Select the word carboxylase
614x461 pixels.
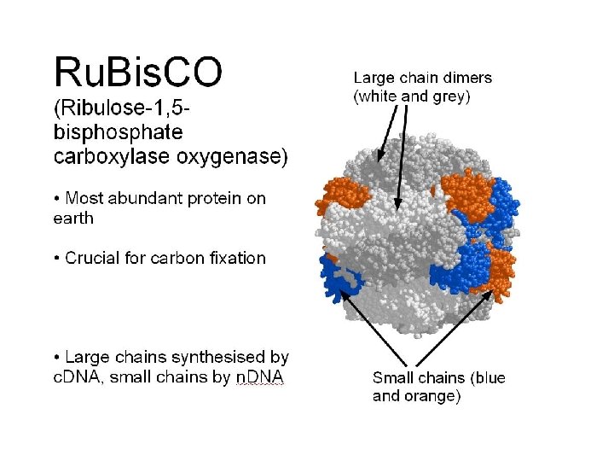pos(111,156)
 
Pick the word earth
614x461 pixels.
pos(73,218)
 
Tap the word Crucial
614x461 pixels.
pos(93,258)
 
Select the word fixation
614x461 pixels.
pos(235,258)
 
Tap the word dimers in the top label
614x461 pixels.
pos(466,77)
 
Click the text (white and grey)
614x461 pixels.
pos(411,96)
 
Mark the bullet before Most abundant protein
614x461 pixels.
pos(57,199)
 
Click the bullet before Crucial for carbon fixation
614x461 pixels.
pos(57,259)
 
